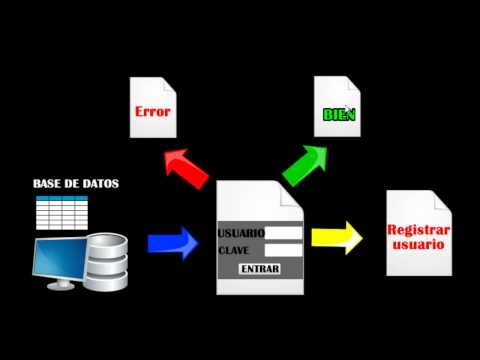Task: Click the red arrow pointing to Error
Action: point(187,169)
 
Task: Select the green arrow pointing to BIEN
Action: point(305,165)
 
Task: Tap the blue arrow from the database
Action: point(173,243)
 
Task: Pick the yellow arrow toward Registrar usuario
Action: point(337,238)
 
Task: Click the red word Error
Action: point(153,111)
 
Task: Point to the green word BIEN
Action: point(339,115)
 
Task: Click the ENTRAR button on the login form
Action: point(260,269)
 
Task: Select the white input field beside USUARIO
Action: point(284,233)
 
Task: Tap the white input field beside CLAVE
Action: point(284,250)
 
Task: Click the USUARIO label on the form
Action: point(241,233)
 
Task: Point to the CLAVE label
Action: point(233,250)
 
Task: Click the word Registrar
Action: point(419,230)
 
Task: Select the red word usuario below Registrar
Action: point(419,244)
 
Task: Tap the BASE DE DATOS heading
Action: point(76,184)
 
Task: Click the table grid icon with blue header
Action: point(62,213)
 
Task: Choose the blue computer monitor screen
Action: point(60,258)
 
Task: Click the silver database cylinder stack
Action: point(106,262)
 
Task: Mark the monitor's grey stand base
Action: point(61,285)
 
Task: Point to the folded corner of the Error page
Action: point(169,86)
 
